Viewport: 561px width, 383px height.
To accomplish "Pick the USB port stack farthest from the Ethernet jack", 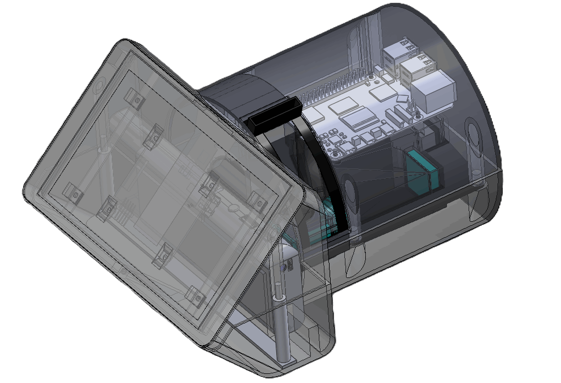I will click(396, 53).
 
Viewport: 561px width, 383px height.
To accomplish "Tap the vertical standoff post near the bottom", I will click(280, 323).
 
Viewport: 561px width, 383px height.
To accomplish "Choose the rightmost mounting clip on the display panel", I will click(256, 199).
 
